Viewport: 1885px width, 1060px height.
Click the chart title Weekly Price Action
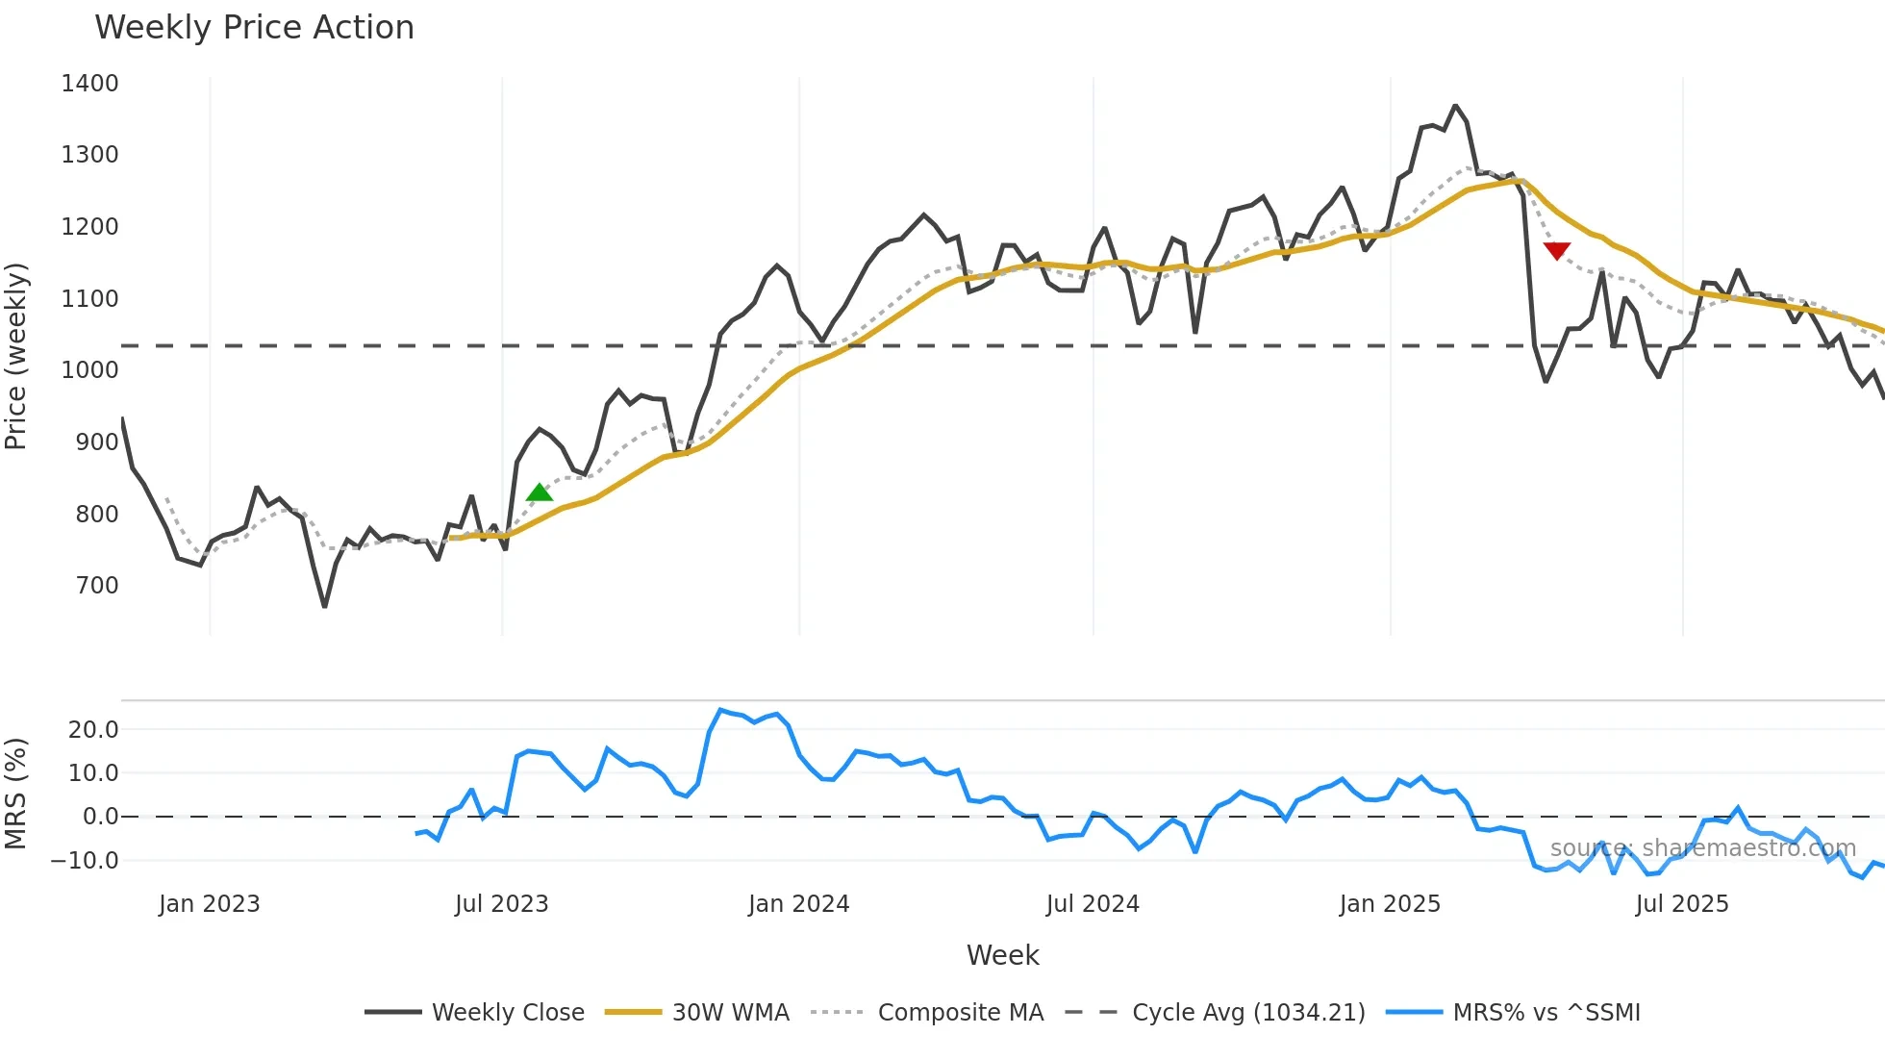(x=254, y=28)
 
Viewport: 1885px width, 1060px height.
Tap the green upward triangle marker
(x=540, y=492)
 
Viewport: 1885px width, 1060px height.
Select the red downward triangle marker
(x=1556, y=251)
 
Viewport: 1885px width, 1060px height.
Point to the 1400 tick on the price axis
(x=89, y=84)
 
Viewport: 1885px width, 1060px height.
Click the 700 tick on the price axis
(x=96, y=586)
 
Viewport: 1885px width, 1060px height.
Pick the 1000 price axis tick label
(x=89, y=370)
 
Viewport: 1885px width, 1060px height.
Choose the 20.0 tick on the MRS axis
(x=92, y=730)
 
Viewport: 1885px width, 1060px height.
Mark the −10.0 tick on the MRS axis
(x=85, y=861)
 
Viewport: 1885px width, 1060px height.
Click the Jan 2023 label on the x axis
(x=209, y=904)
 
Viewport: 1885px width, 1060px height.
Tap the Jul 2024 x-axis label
(x=1093, y=904)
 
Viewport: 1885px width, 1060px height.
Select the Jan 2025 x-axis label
(x=1390, y=904)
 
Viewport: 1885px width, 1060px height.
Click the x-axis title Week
(x=1002, y=955)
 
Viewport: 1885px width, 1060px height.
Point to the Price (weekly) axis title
(x=16, y=356)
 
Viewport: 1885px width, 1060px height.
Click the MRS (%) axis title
(x=16, y=794)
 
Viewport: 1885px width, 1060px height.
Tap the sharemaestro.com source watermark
(x=1702, y=848)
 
